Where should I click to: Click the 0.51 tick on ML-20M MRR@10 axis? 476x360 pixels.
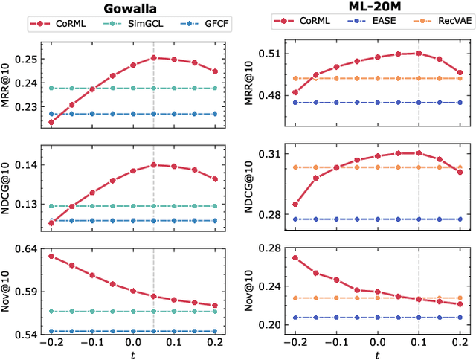270,53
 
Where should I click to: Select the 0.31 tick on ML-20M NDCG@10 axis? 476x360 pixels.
270,154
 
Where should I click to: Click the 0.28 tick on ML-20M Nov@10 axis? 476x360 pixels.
270,248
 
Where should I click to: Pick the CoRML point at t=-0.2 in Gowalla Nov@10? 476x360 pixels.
51,256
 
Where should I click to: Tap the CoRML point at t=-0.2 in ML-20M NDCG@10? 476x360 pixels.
295,204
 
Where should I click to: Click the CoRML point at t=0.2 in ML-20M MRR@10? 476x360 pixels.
460,73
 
